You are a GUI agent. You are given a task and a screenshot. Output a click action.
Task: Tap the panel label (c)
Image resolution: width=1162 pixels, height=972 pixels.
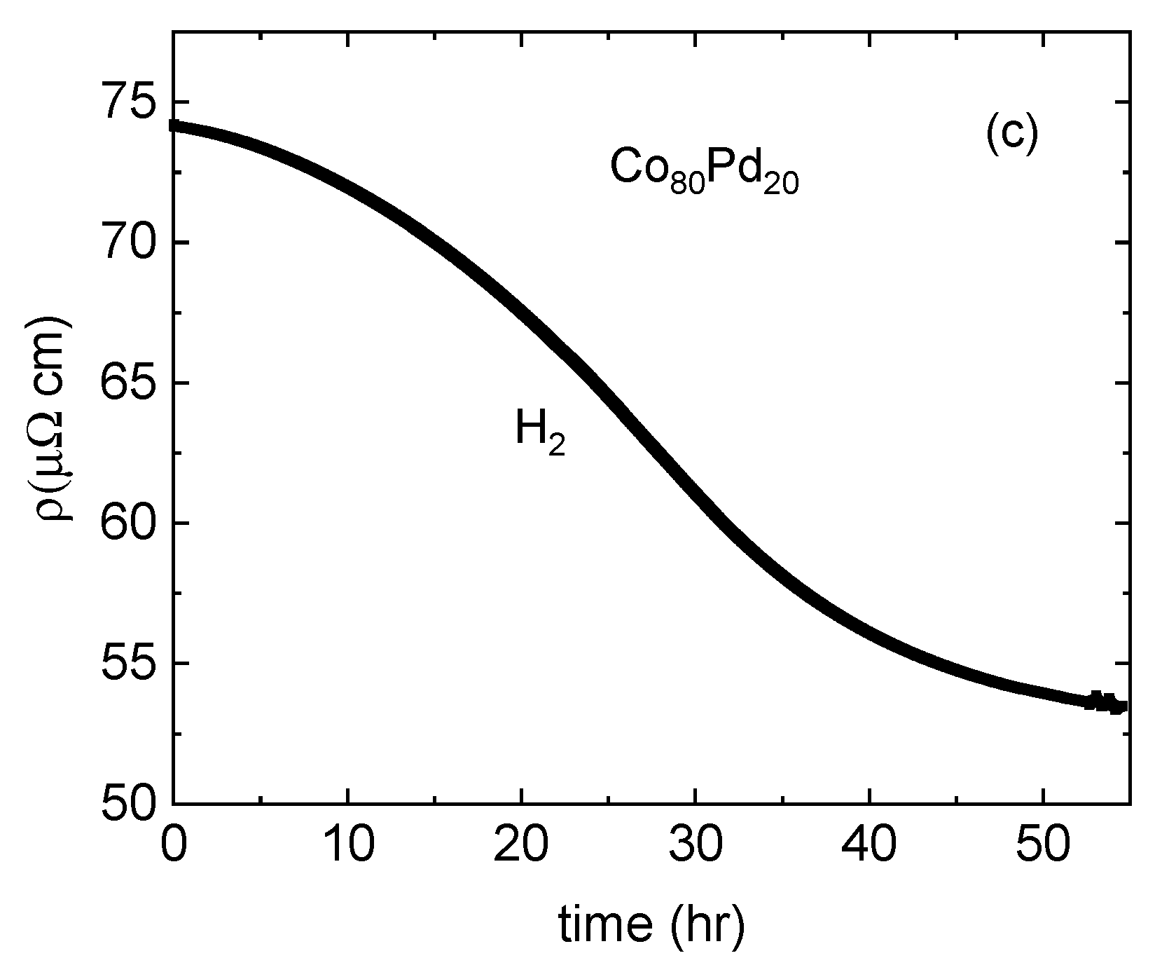(1011, 136)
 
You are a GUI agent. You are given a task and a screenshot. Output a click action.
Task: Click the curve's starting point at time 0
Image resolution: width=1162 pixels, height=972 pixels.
(174, 125)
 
